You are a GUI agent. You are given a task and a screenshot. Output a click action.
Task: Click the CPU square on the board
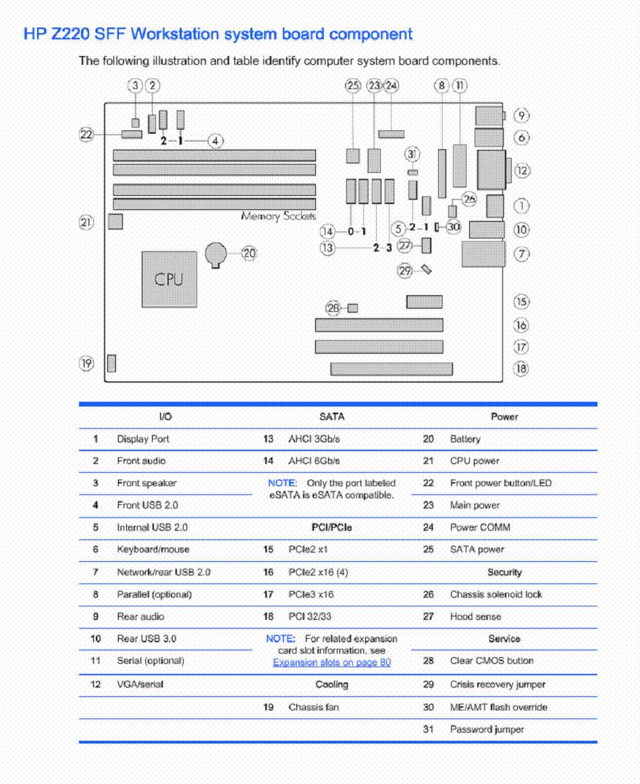pyautogui.click(x=169, y=279)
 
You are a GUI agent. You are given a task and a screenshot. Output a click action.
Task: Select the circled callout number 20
pyautogui.click(x=248, y=253)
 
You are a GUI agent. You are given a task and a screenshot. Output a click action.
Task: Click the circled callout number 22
pyautogui.click(x=86, y=134)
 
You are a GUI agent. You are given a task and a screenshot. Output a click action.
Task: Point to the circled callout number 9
pyautogui.click(x=521, y=115)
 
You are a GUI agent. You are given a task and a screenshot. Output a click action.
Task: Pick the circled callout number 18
pyautogui.click(x=521, y=369)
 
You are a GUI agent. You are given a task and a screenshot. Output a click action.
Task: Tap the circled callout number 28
pyautogui.click(x=333, y=308)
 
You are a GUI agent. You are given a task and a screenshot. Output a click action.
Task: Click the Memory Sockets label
pyautogui.click(x=279, y=216)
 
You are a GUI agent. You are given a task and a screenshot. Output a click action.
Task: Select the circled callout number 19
pyautogui.click(x=86, y=363)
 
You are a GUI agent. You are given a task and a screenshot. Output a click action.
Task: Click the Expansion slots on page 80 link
pyautogui.click(x=332, y=662)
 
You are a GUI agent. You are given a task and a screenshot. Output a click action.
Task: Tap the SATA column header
pyautogui.click(x=332, y=417)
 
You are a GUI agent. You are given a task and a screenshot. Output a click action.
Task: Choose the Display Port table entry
pyautogui.click(x=143, y=439)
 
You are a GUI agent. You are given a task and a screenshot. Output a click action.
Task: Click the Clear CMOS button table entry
pyautogui.click(x=491, y=660)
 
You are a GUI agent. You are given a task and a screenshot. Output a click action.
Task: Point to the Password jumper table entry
pyautogui.click(x=487, y=729)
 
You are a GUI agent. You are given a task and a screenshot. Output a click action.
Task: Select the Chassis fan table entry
pyautogui.click(x=313, y=707)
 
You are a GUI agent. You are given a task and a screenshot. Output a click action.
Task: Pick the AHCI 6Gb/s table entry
pyautogui.click(x=314, y=461)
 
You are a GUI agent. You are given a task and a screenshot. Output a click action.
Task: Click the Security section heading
pyautogui.click(x=504, y=572)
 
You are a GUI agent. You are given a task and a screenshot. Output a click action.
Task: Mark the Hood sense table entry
pyautogui.click(x=475, y=617)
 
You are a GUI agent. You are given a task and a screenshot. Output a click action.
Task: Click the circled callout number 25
pyautogui.click(x=353, y=86)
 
